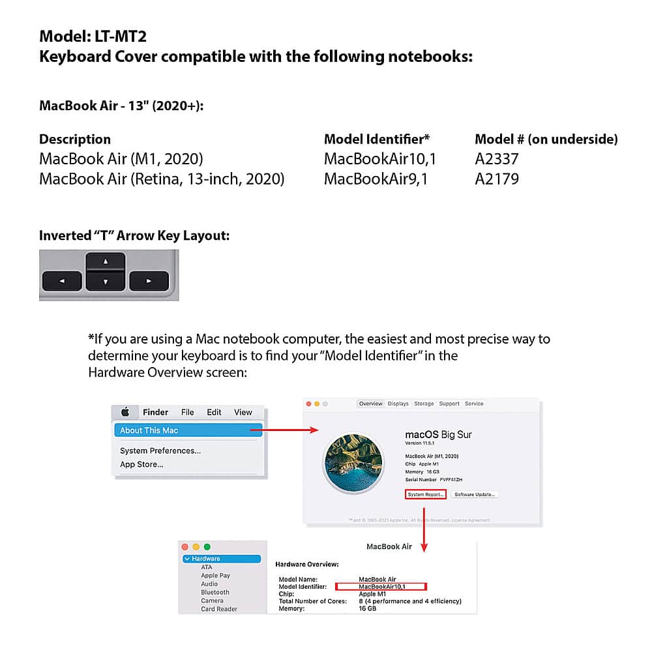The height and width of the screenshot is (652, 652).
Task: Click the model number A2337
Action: coord(497,158)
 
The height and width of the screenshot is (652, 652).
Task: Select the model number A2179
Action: coord(497,179)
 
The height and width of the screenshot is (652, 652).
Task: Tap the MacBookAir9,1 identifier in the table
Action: coord(376,179)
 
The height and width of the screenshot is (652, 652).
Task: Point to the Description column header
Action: coord(75,139)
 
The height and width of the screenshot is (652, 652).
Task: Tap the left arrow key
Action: coord(62,282)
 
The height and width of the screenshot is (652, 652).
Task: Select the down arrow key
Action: coord(106,282)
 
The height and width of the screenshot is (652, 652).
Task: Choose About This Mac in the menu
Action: coord(149,430)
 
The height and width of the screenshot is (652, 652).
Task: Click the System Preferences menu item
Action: coord(160,451)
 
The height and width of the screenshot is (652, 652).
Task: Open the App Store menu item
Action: coord(141,464)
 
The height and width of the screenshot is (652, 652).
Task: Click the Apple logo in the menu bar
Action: coord(125,412)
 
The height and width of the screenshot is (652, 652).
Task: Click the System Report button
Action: coord(426,494)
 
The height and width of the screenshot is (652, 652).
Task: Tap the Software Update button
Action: coord(475,494)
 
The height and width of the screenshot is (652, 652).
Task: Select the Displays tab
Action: coord(398,404)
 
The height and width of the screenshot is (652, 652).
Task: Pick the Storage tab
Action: coord(424,404)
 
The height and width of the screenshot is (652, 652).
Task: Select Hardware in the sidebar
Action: coord(205,559)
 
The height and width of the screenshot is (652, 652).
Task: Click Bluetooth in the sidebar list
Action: coord(215,592)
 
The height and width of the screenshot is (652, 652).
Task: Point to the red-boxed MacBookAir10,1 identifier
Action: coord(381,586)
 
